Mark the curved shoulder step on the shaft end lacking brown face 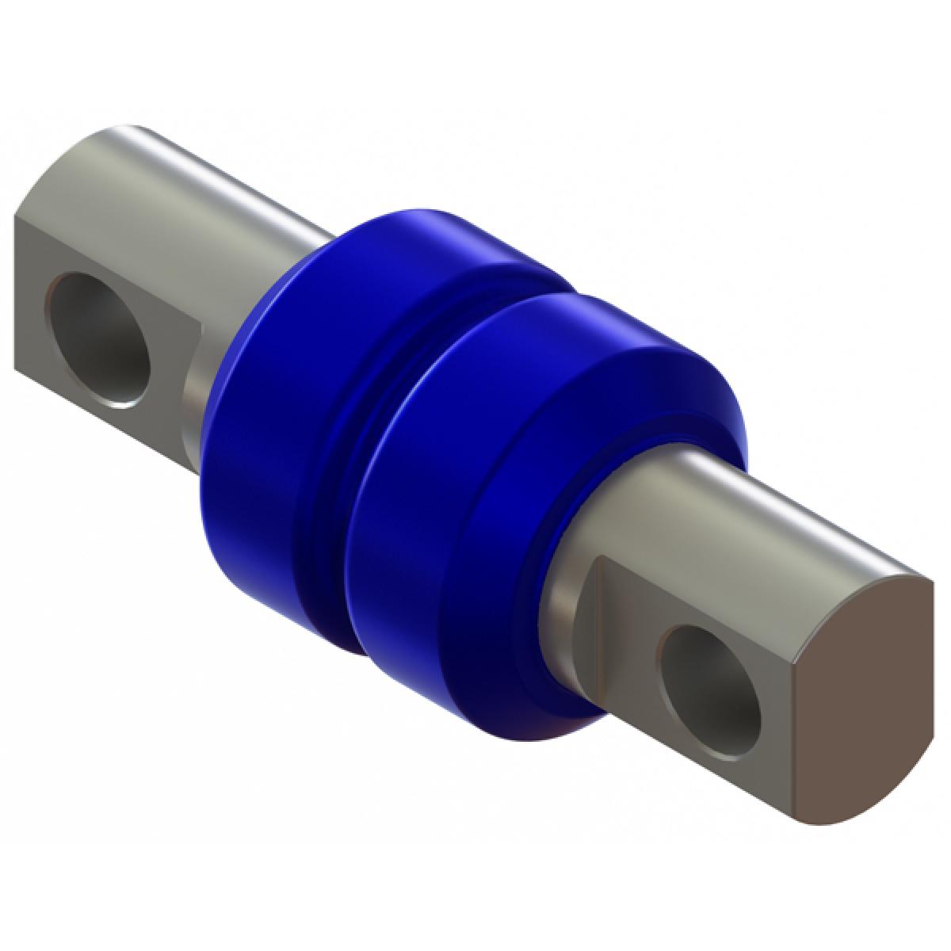[194, 396]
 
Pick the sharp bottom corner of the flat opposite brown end [15, 369]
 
